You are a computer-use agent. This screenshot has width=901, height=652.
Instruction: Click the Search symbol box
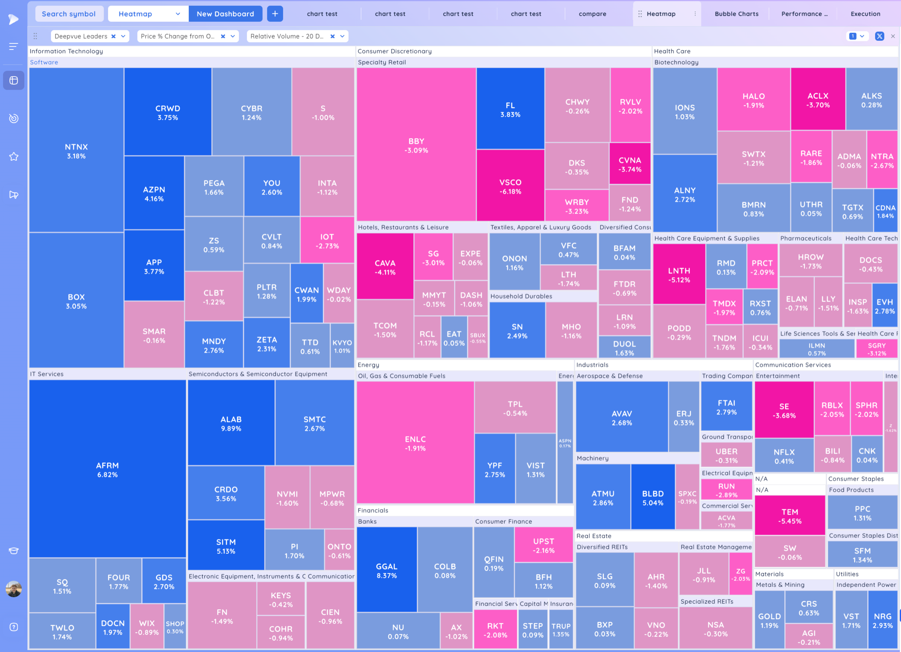pyautogui.click(x=69, y=14)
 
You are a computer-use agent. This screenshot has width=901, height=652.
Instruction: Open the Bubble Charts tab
pyautogui.click(x=736, y=14)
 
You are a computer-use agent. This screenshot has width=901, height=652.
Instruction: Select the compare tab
pyautogui.click(x=592, y=14)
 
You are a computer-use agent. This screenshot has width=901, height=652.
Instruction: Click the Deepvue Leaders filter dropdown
pyautogui.click(x=123, y=36)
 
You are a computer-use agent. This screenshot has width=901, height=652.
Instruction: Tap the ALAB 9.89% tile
pyautogui.click(x=231, y=423)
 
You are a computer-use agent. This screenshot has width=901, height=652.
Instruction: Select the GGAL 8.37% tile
pyautogui.click(x=387, y=570)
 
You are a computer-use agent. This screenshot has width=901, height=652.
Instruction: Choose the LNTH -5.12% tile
pyautogui.click(x=679, y=275)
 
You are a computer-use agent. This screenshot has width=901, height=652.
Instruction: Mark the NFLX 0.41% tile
pyautogui.click(x=784, y=456)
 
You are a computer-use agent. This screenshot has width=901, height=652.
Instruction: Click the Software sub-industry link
pyautogui.click(x=44, y=62)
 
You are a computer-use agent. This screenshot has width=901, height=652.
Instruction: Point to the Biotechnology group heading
pyautogui.click(x=676, y=62)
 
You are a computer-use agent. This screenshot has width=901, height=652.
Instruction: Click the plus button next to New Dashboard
pyautogui.click(x=275, y=14)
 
